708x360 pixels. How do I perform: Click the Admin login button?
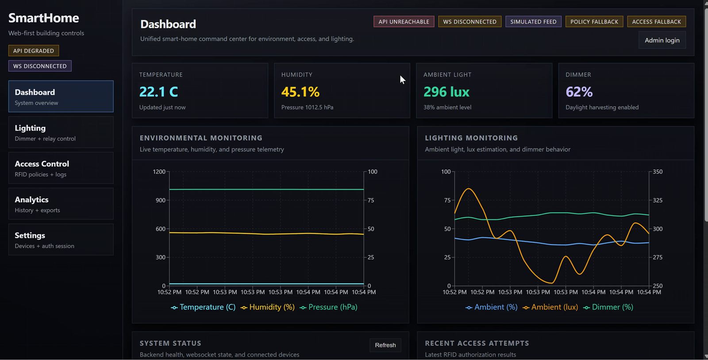(662, 40)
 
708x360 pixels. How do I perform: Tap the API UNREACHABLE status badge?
(404, 22)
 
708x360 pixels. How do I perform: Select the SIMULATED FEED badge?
(533, 22)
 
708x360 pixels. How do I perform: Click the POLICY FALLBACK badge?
(594, 22)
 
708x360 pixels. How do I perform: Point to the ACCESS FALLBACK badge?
(656, 22)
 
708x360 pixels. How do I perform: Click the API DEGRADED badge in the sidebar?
(34, 50)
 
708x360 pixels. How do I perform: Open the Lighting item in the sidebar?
(61, 132)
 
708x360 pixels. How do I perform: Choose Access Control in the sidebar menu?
(61, 168)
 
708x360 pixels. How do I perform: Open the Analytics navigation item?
(61, 204)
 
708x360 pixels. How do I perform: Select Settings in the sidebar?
(61, 239)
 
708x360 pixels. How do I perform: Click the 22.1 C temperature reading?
(158, 92)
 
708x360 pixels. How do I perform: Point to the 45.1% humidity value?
(300, 92)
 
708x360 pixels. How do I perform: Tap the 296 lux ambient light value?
(446, 92)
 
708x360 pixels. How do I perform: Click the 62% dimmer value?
(579, 92)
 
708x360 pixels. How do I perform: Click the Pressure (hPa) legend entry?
(328, 307)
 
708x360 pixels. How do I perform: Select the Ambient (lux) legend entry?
(550, 307)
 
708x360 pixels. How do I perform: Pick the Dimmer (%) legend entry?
(608, 307)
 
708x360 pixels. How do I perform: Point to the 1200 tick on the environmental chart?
(159, 172)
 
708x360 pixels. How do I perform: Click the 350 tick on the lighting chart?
(658, 172)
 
